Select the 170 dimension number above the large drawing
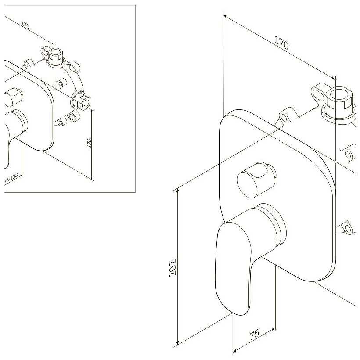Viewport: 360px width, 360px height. click(281, 44)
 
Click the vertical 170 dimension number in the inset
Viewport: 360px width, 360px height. click(89, 143)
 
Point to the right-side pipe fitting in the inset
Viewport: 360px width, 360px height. click(82, 100)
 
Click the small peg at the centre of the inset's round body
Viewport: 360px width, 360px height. click(62, 82)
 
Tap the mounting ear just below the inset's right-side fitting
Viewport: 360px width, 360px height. click(72, 117)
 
